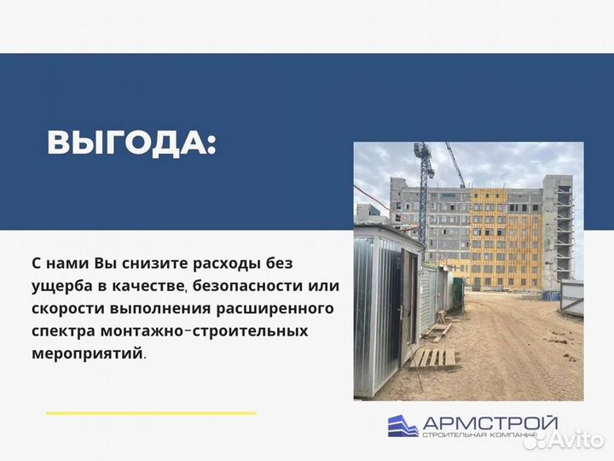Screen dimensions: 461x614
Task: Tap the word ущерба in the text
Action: click(x=68, y=286)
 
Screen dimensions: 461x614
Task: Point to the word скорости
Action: click(x=77, y=308)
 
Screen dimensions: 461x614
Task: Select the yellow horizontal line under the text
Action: click(x=151, y=413)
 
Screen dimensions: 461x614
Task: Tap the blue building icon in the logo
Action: click(x=403, y=425)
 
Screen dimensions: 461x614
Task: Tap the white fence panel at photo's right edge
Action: click(x=571, y=295)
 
